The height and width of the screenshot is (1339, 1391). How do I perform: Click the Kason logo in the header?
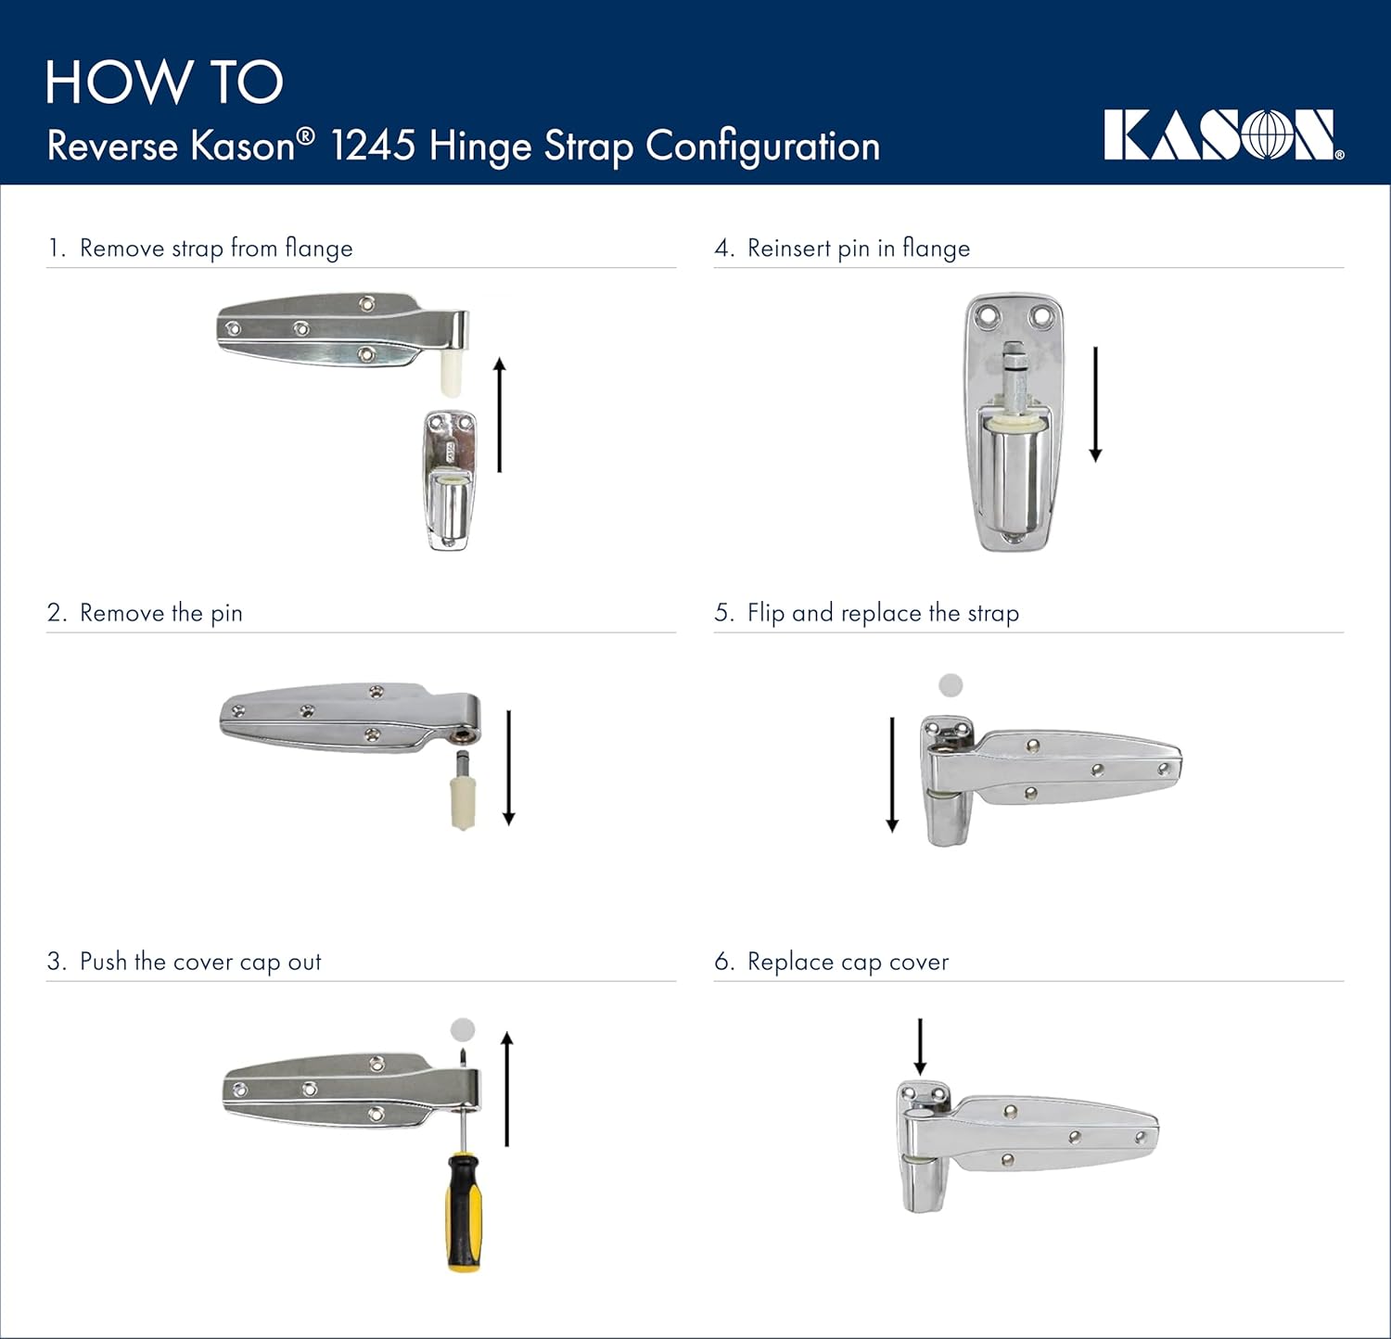(x=1223, y=135)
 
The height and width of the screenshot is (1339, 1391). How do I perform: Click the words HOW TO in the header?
(x=164, y=83)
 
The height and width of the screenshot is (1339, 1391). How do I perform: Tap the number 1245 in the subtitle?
(x=373, y=147)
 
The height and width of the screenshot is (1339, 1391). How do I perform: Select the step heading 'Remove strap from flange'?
(x=216, y=249)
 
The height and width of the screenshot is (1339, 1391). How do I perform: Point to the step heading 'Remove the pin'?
(x=160, y=613)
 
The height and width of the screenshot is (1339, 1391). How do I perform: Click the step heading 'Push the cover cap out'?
(x=200, y=962)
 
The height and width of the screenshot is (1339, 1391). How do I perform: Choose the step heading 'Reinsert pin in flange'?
(x=858, y=249)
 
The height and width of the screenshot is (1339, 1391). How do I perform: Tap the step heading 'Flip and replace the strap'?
(x=883, y=613)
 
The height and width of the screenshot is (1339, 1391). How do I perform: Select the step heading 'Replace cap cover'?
(x=848, y=962)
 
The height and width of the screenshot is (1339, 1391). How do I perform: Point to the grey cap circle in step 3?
(x=463, y=1029)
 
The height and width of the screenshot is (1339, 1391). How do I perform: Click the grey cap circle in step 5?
(x=951, y=685)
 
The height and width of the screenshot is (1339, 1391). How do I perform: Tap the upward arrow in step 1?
(x=500, y=414)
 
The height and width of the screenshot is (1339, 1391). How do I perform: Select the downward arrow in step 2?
(x=508, y=768)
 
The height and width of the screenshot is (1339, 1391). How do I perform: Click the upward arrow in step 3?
(x=506, y=1089)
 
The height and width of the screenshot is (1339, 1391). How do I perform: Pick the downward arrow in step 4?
(x=1095, y=404)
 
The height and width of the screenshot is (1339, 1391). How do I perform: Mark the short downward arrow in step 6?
(x=920, y=1047)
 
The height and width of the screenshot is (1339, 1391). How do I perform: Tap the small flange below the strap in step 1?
(x=449, y=480)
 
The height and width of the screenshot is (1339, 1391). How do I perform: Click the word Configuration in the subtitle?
(x=762, y=147)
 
